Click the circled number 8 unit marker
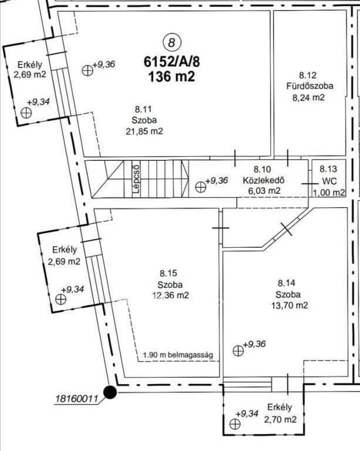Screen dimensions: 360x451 (x=172, y=43)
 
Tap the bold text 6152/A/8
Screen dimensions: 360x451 (x=171, y=62)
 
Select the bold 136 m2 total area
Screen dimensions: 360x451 (x=171, y=77)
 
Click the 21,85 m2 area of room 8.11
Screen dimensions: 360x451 (x=144, y=132)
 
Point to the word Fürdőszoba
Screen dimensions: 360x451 (x=309, y=86)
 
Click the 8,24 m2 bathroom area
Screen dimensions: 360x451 (x=308, y=97)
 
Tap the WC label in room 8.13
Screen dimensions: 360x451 (x=329, y=181)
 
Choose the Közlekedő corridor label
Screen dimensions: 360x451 (x=264, y=180)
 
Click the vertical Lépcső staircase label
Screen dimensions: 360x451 (x=136, y=178)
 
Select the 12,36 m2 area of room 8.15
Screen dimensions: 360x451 (x=170, y=295)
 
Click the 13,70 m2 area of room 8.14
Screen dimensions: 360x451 (x=290, y=305)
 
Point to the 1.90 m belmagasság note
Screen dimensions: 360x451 (x=178, y=355)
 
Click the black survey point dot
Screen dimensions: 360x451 (x=110, y=392)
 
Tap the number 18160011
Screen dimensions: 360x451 (x=76, y=399)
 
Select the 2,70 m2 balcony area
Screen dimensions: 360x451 (x=280, y=420)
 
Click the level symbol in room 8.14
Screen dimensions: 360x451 (x=238, y=351)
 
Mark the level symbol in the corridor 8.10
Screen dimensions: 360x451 (x=201, y=187)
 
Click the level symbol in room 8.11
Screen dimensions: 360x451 (x=88, y=70)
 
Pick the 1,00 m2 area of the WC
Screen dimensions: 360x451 (x=329, y=193)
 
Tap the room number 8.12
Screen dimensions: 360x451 (x=308, y=75)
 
